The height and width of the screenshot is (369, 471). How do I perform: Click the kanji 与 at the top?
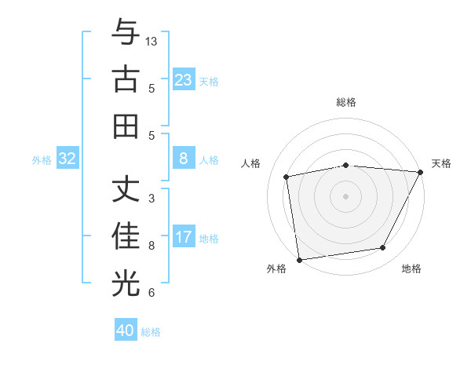[126, 34]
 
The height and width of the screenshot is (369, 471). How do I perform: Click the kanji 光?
[126, 283]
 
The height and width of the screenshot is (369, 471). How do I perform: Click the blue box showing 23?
[184, 80]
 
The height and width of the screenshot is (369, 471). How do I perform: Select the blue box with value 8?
[184, 159]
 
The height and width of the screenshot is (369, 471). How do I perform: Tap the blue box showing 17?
[184, 237]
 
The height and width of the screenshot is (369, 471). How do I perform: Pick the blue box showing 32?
[68, 159]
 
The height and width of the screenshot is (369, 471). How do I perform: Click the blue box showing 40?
[126, 331]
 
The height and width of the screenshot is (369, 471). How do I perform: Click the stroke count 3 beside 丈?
[152, 199]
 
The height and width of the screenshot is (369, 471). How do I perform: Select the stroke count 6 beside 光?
[152, 293]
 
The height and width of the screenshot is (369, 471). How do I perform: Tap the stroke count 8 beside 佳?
[152, 246]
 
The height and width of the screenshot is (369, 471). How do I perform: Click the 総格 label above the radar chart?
[345, 102]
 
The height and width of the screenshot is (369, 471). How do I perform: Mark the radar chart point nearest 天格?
[421, 172]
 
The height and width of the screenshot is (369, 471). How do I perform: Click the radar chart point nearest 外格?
[299, 259]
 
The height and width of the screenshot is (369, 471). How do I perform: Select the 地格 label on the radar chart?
[411, 269]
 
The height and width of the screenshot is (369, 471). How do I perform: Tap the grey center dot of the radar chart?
[345, 195]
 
